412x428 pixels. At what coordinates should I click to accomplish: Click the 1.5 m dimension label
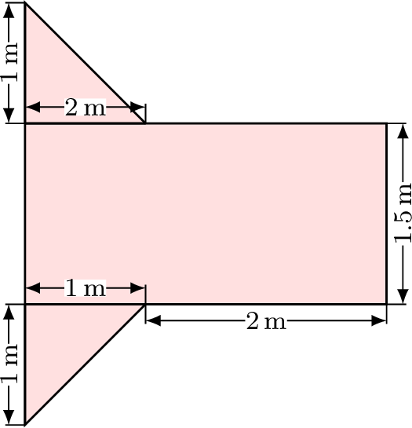403,214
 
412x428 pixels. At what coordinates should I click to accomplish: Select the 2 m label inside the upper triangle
85,108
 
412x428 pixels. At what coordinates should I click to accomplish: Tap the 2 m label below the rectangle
267,321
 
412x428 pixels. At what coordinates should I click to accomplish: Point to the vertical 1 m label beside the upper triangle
10,62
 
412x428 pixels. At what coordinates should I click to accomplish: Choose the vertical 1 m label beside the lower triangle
10,364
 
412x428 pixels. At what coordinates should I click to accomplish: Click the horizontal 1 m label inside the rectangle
85,288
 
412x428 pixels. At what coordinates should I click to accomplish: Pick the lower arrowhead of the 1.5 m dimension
403,295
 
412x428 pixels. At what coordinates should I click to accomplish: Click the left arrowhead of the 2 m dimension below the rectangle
153,320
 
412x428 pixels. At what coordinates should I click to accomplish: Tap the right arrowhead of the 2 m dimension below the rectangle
379,320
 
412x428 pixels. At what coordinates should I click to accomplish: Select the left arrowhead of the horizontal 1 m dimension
33,288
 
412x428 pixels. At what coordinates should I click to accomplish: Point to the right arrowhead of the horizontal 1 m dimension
138,288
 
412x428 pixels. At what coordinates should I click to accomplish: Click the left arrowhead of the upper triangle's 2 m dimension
33,107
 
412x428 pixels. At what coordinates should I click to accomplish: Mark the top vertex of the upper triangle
25,2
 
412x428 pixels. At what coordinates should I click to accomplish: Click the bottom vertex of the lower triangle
25,424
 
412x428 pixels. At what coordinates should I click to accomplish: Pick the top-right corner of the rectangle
386,123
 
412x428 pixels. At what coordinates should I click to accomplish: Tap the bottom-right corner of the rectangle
386,304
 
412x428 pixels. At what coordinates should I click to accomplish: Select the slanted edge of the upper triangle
85,63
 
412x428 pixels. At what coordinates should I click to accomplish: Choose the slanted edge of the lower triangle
85,364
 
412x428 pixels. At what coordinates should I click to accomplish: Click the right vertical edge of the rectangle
386,214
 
